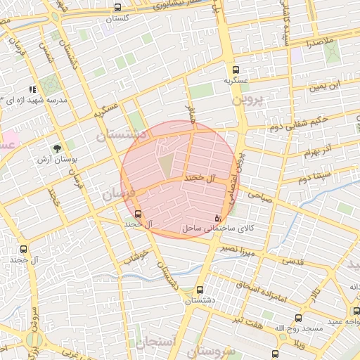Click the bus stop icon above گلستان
[117, 8]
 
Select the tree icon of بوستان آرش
[56, 148]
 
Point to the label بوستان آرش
[60, 160]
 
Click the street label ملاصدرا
[319, 43]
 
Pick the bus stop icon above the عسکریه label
[236, 70]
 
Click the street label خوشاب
[136, 258]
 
